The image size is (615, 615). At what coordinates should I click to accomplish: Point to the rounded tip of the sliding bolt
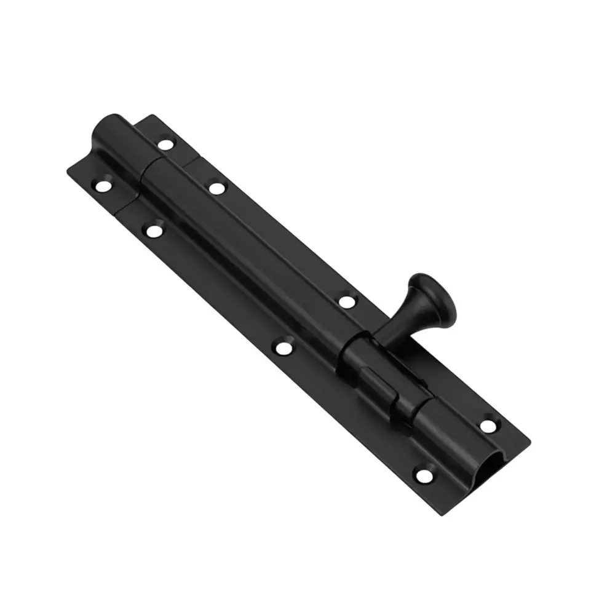104,130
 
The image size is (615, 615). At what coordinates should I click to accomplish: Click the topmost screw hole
165,145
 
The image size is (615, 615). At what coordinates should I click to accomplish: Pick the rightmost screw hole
487,424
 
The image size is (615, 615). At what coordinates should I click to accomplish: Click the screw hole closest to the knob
347,301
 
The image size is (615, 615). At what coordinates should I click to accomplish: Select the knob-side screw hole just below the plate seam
216,186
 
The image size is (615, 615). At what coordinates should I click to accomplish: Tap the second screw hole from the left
152,231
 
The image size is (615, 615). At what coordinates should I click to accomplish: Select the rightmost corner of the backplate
530,440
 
